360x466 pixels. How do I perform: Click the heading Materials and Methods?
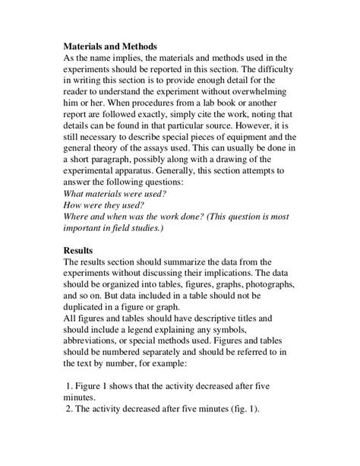coord(111,46)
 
